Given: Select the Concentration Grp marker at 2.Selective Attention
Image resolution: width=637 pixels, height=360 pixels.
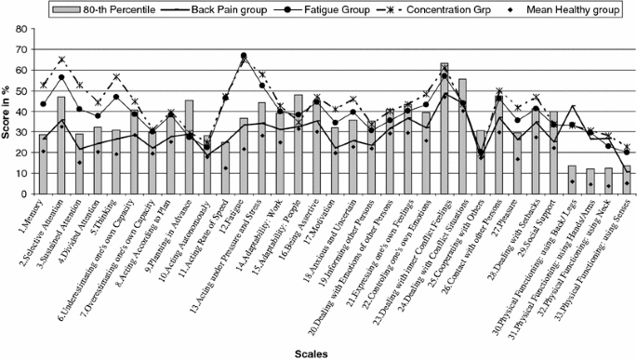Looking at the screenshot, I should click(61, 60).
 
